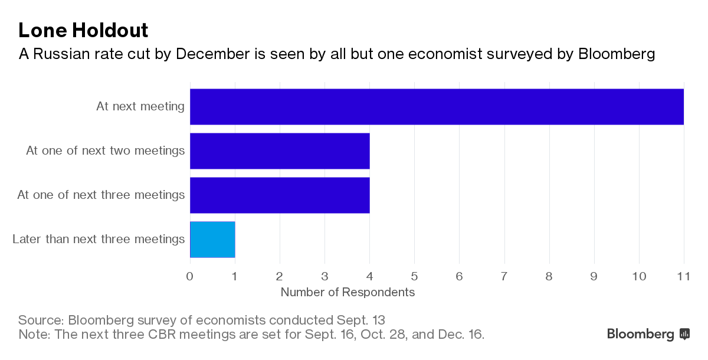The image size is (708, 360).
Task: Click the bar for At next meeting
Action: (437, 107)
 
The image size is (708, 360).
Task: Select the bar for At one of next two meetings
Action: (280, 151)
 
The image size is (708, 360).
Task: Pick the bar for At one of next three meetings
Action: (280, 195)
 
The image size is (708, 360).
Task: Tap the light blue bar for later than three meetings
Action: (213, 240)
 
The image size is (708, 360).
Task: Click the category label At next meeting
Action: (140, 107)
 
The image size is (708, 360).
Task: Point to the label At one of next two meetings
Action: (106, 150)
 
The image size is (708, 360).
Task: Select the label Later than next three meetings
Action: (99, 239)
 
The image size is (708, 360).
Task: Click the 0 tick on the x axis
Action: (190, 276)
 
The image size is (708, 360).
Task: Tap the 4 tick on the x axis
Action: (369, 276)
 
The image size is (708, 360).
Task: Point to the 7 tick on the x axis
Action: (504, 276)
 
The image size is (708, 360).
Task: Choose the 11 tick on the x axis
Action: (683, 276)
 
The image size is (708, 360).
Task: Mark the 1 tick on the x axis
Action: (235, 276)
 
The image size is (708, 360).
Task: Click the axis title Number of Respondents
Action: (348, 292)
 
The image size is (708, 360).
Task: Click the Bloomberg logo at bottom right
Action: (648, 335)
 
